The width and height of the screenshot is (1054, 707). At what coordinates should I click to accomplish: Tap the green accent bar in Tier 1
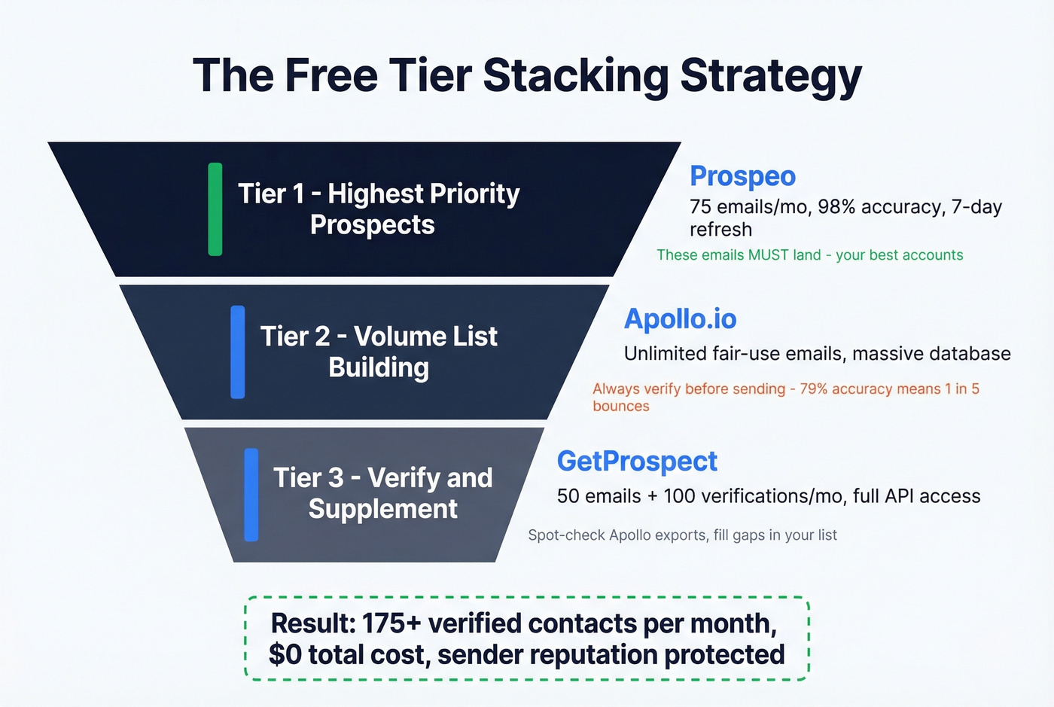(215, 209)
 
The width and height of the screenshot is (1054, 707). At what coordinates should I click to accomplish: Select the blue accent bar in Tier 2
(238, 352)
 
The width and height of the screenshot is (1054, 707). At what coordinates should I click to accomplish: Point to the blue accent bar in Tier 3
(251, 495)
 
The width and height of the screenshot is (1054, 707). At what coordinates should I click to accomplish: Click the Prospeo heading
(742, 175)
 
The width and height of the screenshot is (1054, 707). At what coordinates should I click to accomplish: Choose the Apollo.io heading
(680, 318)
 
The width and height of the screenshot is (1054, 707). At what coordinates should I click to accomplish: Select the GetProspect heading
(637, 461)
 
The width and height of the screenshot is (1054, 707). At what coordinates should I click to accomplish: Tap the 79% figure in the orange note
(817, 389)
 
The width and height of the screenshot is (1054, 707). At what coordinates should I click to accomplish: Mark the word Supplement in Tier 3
(382, 509)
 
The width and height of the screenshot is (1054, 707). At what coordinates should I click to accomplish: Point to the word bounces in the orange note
(620, 406)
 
